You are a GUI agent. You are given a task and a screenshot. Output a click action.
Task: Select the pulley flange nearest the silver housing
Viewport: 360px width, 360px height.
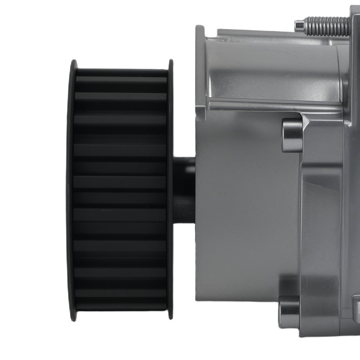[170, 191]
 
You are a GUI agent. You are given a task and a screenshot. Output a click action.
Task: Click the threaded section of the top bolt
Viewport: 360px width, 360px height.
[326, 26]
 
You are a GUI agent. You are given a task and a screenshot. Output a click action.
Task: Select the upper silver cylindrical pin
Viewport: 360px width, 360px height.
[292, 135]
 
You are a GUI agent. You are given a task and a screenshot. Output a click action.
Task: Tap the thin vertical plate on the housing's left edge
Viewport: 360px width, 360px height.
[200, 72]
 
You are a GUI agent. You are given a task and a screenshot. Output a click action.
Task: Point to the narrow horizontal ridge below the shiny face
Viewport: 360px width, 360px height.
[274, 106]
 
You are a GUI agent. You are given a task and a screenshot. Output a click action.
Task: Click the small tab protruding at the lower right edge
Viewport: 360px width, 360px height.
[356, 306]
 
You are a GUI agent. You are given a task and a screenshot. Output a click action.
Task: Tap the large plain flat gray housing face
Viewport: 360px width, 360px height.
[245, 216]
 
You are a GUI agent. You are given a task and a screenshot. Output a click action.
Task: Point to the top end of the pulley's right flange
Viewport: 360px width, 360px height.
[171, 63]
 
